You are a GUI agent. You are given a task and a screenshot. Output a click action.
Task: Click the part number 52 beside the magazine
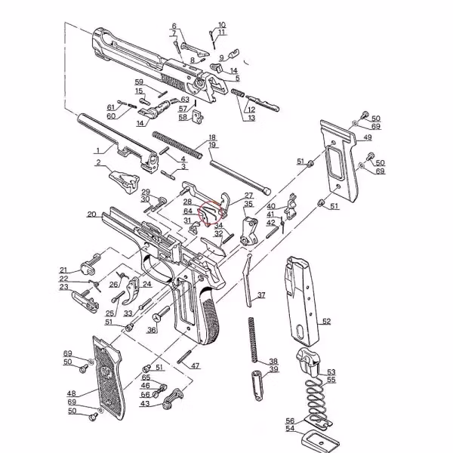326,321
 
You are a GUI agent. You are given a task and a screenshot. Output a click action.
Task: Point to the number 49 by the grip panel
367,137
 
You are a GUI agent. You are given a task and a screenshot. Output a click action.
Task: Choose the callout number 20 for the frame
91,214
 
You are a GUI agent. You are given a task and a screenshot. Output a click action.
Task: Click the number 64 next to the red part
187,211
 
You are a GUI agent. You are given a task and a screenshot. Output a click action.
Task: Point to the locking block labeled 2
121,180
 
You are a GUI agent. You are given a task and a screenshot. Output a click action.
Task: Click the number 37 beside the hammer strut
260,294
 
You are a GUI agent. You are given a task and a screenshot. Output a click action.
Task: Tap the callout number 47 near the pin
195,365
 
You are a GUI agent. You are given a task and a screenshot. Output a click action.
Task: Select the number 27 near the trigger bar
248,196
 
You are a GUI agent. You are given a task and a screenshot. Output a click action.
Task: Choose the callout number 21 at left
64,270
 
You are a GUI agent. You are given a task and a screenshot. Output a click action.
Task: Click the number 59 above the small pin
139,82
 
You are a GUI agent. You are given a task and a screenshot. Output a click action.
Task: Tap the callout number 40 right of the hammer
271,206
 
